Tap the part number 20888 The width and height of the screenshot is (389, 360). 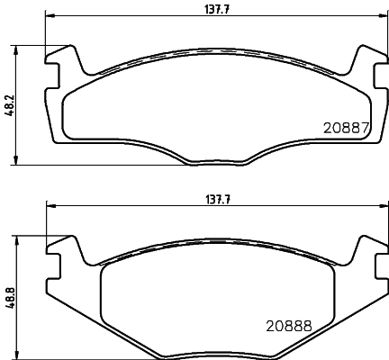pyautogui.click(x=287, y=328)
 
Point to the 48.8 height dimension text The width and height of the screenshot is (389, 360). pyautogui.click(x=10, y=295)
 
